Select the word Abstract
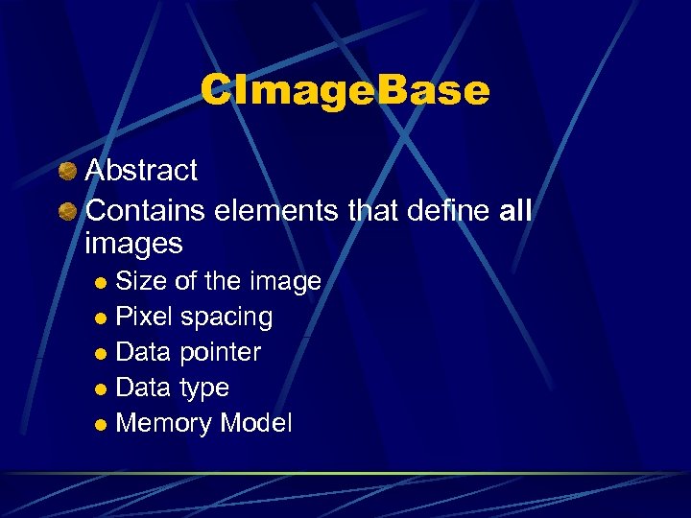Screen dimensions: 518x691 pyautogui.click(x=141, y=171)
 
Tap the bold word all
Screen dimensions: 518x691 pyautogui.click(x=515, y=208)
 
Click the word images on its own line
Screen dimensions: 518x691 pyautogui.click(x=133, y=244)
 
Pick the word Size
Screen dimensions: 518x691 pyautogui.click(x=139, y=282)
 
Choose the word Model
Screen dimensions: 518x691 pyautogui.click(x=256, y=423)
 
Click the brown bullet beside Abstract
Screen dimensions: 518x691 pyautogui.click(x=66, y=172)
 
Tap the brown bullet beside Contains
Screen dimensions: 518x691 pyautogui.click(x=66, y=208)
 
